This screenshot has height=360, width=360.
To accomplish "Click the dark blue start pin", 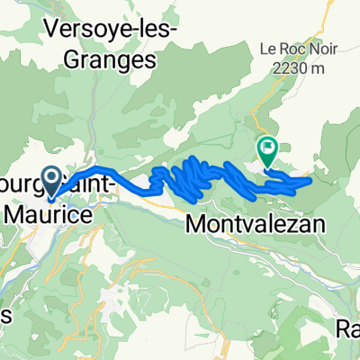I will tap(52, 180).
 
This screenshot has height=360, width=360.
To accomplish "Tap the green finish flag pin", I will tap(267, 148).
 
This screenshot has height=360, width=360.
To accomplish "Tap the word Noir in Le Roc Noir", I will tap(293, 49).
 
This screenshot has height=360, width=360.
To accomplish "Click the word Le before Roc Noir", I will tap(244, 49).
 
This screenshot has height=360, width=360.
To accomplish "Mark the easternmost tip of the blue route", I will tap(311, 180).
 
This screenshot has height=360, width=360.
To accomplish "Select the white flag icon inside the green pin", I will tap(267, 146).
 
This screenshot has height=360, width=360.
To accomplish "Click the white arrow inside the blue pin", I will tap(52, 177).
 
